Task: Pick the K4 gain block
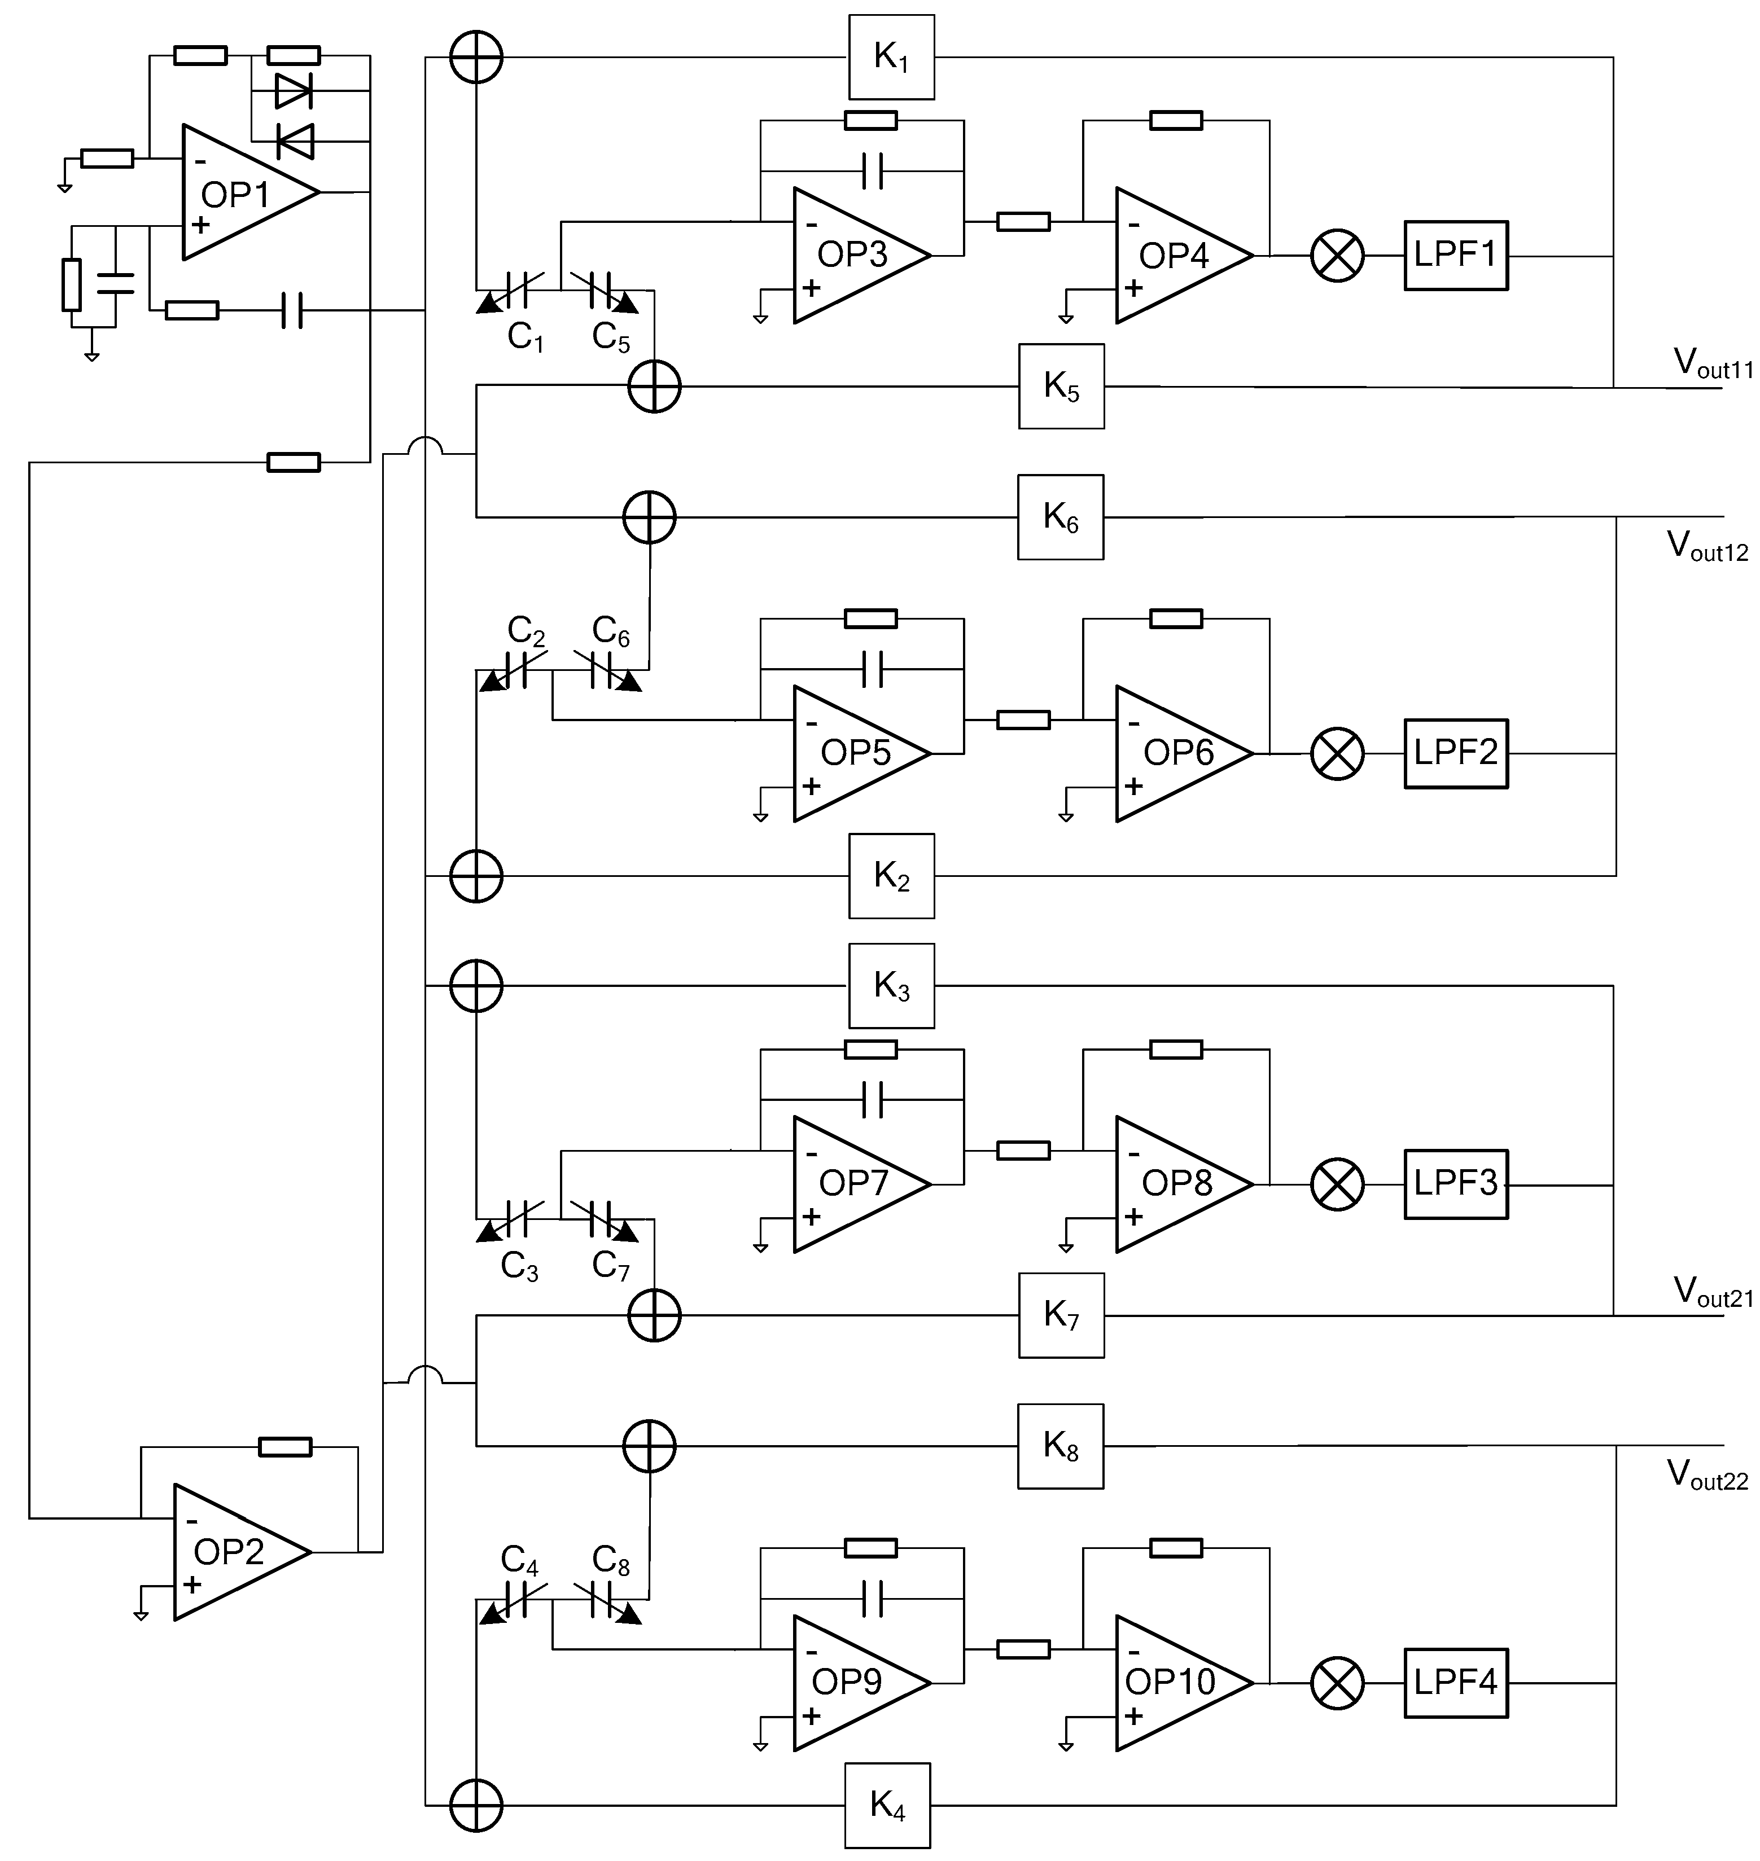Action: [887, 1804]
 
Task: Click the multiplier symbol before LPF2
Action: [1336, 753]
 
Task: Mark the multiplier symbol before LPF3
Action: [1336, 1184]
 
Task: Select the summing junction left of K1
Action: [476, 57]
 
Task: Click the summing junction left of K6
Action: [649, 517]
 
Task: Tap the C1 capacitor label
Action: [526, 336]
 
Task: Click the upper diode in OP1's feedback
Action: [294, 91]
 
